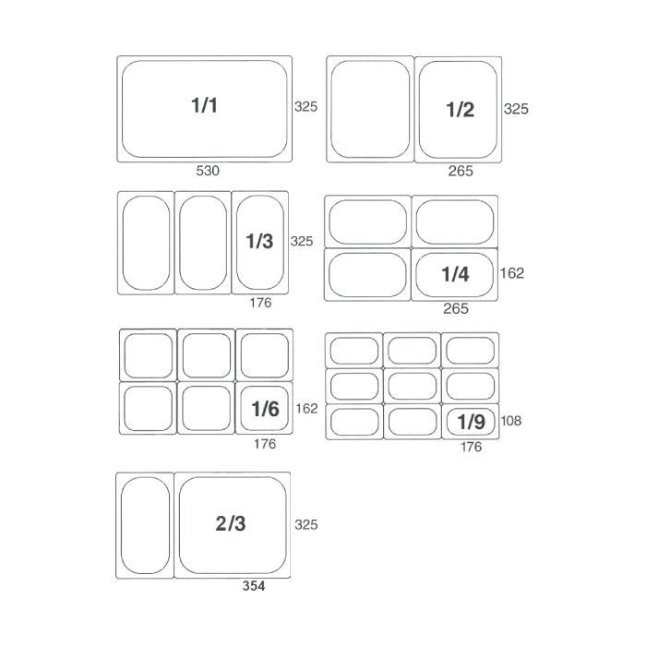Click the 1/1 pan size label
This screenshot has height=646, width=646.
click(204, 105)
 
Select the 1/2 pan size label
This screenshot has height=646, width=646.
click(461, 110)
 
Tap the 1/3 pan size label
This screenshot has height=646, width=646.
click(259, 241)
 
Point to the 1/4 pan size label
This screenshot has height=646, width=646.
click(455, 274)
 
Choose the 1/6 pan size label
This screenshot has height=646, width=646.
click(266, 409)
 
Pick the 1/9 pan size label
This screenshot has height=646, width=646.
click(471, 422)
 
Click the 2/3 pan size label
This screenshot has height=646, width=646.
click(231, 523)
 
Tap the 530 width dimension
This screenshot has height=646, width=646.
click(208, 171)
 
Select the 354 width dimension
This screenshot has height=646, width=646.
click(254, 586)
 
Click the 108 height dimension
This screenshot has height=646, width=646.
click(511, 421)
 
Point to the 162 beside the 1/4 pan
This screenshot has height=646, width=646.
click(512, 273)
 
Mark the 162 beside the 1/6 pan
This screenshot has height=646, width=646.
click(307, 408)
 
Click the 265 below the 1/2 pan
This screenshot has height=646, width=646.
click(461, 171)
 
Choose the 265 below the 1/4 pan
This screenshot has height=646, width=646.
click(456, 308)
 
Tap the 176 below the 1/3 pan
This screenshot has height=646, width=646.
click(260, 303)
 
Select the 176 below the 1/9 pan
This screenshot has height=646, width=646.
click(471, 447)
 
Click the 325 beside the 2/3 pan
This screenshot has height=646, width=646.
click(306, 524)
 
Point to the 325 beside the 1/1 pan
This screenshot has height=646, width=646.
click(306, 107)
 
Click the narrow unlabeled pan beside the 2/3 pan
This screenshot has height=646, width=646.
click(145, 525)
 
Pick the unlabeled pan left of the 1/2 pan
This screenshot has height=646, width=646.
click(370, 109)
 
